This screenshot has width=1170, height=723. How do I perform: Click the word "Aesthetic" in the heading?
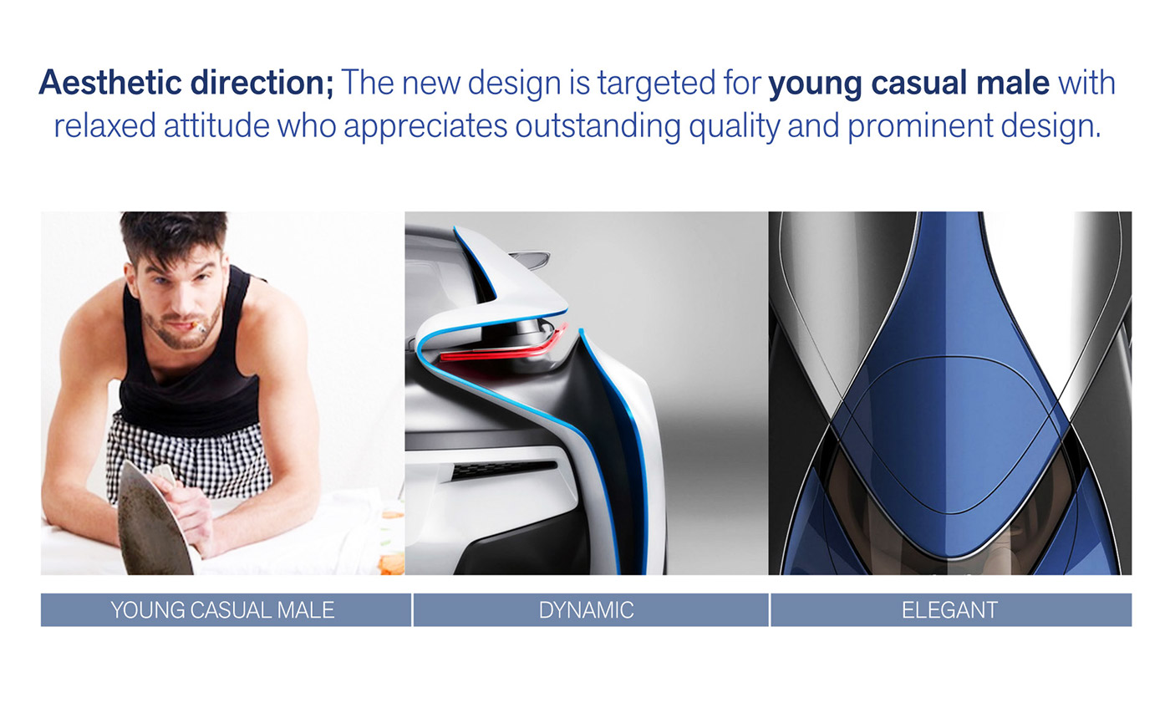[x=110, y=83]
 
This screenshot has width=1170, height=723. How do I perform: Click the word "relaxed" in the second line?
[x=105, y=126]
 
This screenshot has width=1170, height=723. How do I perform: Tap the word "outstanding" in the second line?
[x=598, y=127]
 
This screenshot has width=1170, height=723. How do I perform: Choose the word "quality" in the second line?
[x=735, y=127]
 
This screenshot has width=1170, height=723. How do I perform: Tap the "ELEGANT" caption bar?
[x=951, y=609]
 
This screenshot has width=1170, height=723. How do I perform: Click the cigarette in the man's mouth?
[x=198, y=328]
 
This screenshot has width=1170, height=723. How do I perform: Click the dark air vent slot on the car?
[x=504, y=469]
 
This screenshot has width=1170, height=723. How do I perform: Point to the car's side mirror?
[x=530, y=258]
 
